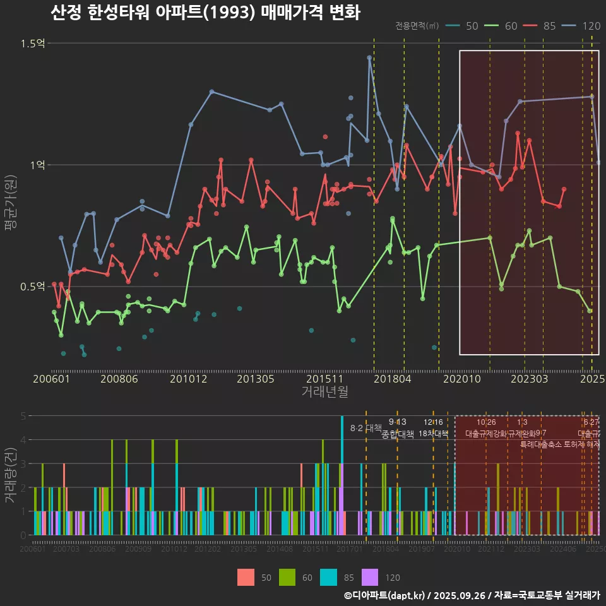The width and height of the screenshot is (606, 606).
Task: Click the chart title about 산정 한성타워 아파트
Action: click(205, 13)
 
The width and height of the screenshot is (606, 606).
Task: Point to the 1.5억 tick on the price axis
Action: click(32, 44)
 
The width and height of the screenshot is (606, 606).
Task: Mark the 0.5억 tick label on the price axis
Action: click(32, 287)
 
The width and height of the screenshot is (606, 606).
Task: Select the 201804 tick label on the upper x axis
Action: click(392, 379)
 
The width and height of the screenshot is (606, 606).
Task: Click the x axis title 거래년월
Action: click(324, 392)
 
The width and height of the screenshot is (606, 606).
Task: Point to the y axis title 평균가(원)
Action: click(11, 205)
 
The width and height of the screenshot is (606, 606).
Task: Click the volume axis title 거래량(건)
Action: click(11, 475)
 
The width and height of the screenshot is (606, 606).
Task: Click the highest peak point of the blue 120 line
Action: click(369, 57)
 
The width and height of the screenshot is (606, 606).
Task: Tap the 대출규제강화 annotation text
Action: click(486, 434)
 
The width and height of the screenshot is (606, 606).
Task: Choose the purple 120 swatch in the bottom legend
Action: click(370, 577)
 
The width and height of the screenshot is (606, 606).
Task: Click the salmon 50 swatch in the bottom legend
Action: click(246, 577)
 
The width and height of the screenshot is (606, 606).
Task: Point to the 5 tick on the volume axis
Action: click(23, 416)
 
